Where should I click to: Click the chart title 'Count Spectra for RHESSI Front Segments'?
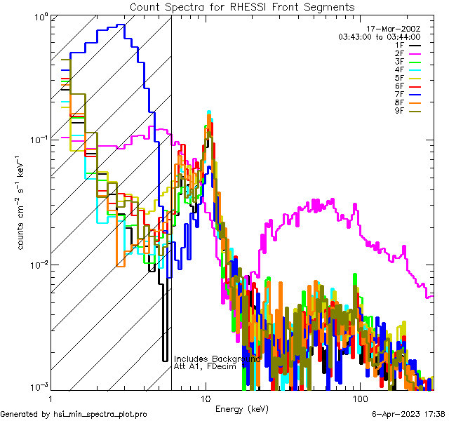[x=242, y=7]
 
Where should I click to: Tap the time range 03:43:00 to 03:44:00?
[x=379, y=36]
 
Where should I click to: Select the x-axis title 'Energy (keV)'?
[x=242, y=408]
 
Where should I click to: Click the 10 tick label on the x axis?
[x=205, y=398]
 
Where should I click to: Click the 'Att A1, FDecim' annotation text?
[x=203, y=367]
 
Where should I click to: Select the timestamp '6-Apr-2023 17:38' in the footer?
[x=407, y=414]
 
